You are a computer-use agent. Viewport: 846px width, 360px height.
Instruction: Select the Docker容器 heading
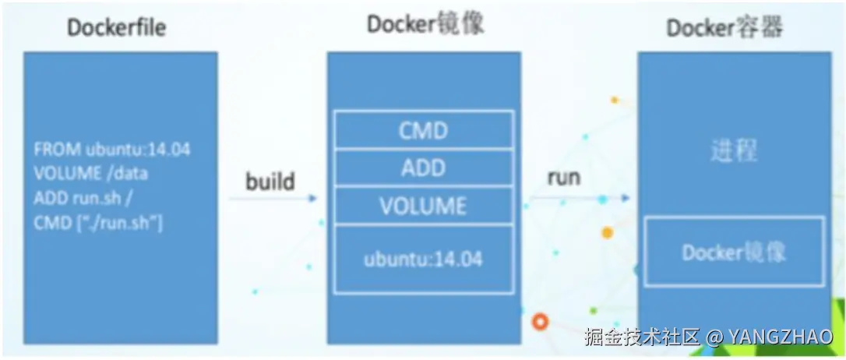pos(724,28)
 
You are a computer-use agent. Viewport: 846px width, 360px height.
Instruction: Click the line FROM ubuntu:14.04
pos(112,150)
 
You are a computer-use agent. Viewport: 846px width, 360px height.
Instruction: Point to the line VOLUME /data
pos(91,175)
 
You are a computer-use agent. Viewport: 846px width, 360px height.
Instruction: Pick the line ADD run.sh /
pos(83,199)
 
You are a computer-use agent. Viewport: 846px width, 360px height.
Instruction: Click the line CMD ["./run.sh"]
pos(98,224)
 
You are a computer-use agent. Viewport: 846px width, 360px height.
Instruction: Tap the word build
pos(270,182)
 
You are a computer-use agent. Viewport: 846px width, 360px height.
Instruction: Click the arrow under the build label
pos(273,199)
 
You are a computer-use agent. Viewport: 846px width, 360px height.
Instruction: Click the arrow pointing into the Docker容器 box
pos(580,198)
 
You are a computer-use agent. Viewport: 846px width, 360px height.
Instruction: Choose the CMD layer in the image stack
pos(424,130)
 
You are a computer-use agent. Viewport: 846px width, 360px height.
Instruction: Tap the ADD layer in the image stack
pos(424,168)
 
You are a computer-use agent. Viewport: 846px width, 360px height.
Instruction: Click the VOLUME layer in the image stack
pos(424,206)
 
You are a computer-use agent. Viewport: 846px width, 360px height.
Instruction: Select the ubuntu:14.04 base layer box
pos(424,259)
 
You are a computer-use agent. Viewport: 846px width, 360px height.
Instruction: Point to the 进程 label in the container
pos(734,152)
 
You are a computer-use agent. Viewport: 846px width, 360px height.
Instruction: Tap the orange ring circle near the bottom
pos(540,323)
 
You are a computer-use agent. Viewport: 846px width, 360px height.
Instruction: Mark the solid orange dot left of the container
pos(608,233)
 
